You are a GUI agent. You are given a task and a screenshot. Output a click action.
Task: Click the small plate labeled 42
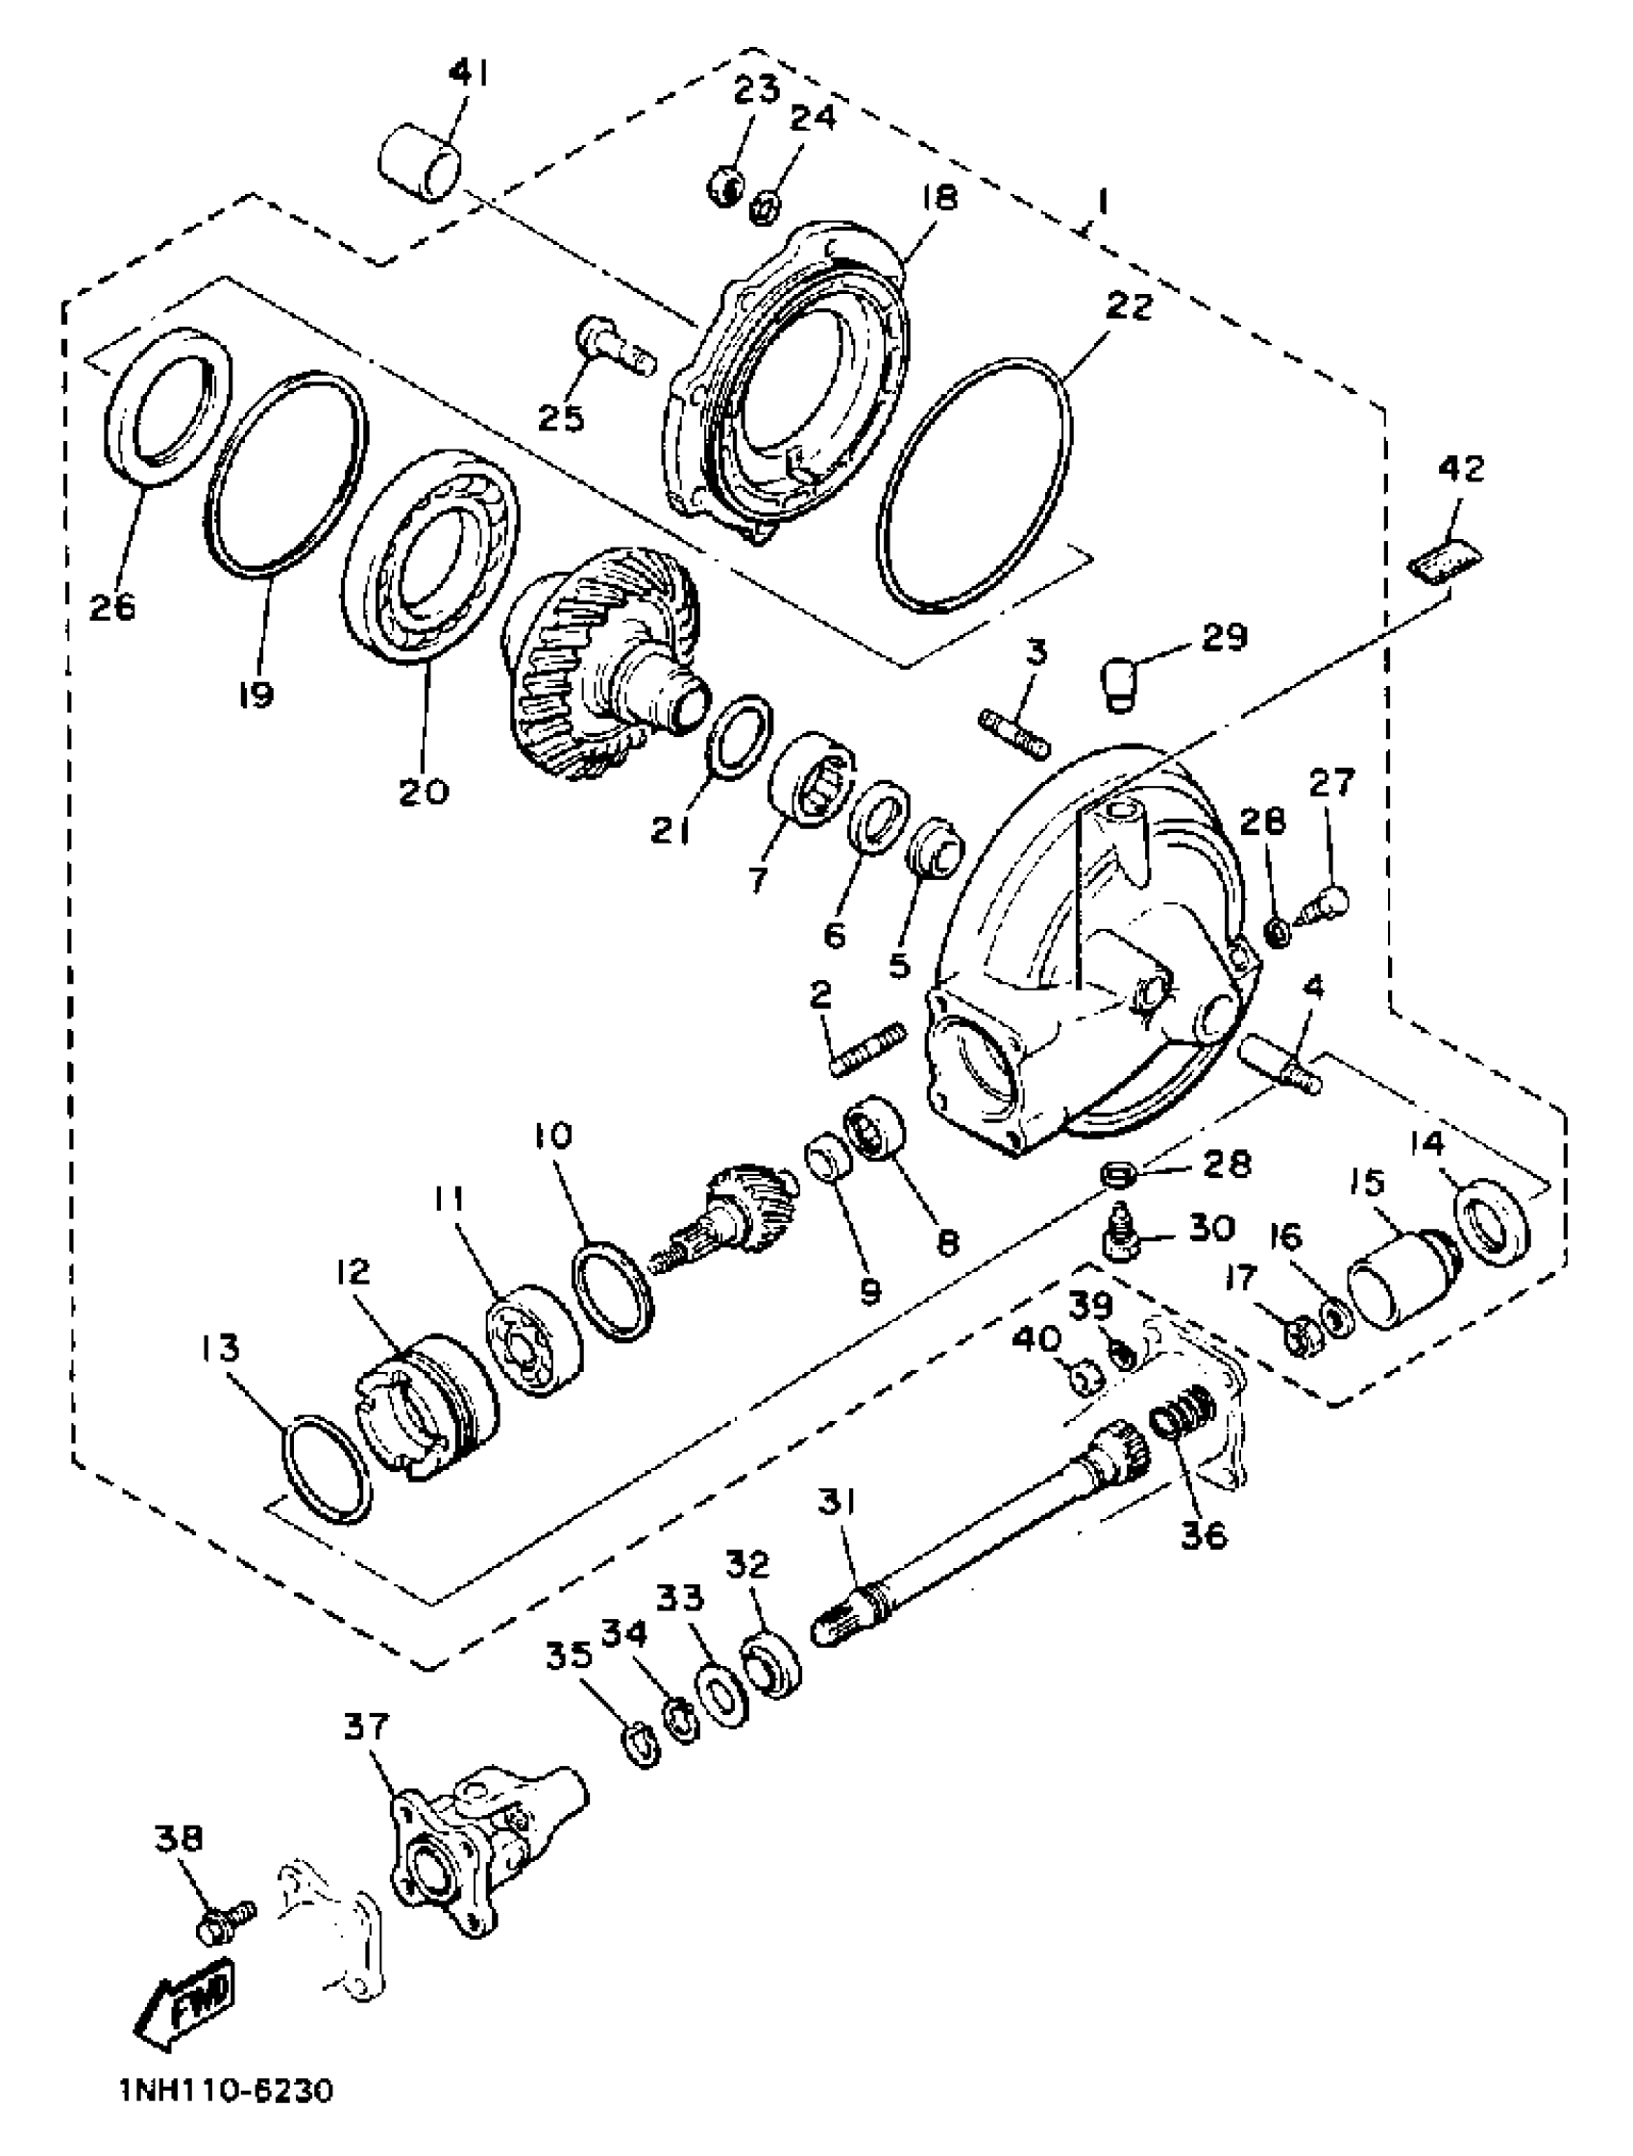point(1446,561)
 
